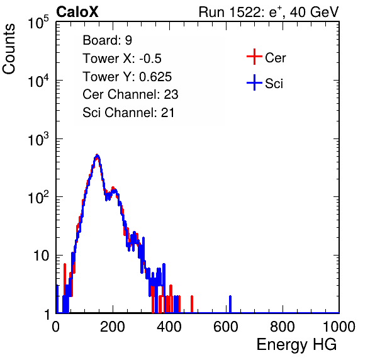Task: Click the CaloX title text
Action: click(x=77, y=12)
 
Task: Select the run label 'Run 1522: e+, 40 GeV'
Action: click(x=269, y=12)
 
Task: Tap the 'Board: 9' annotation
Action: click(x=107, y=40)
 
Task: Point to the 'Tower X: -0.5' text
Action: click(x=122, y=59)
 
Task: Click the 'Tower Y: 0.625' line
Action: click(x=127, y=77)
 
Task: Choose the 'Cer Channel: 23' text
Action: click(x=130, y=94)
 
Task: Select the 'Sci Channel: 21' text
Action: click(x=128, y=113)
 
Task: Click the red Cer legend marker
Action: click(x=254, y=57)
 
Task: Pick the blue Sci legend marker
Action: click(x=254, y=82)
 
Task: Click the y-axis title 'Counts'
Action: click(x=9, y=49)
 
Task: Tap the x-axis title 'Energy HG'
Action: click(x=296, y=344)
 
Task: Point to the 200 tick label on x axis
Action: click(x=113, y=327)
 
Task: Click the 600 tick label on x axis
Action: click(x=226, y=327)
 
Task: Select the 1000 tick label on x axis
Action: click(x=339, y=327)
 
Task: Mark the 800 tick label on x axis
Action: click(x=283, y=327)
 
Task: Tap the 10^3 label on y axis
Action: click(x=38, y=139)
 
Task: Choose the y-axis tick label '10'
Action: click(x=41, y=256)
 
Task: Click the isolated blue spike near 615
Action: click(x=230, y=304)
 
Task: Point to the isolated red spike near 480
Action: click(x=192, y=304)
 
